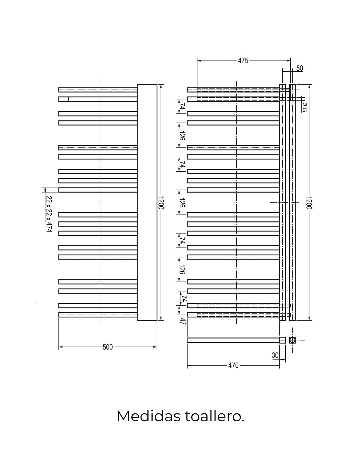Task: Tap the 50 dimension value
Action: (x=299, y=68)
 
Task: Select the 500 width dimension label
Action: (x=108, y=347)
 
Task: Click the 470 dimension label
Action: (x=233, y=365)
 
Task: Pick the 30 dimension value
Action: (x=275, y=355)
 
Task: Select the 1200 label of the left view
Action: (x=161, y=203)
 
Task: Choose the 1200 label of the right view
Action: (x=309, y=203)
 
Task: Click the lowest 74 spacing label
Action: (x=184, y=299)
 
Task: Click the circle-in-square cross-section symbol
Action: (x=292, y=340)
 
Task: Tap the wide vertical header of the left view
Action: (x=147, y=202)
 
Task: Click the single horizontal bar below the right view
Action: (x=233, y=340)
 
